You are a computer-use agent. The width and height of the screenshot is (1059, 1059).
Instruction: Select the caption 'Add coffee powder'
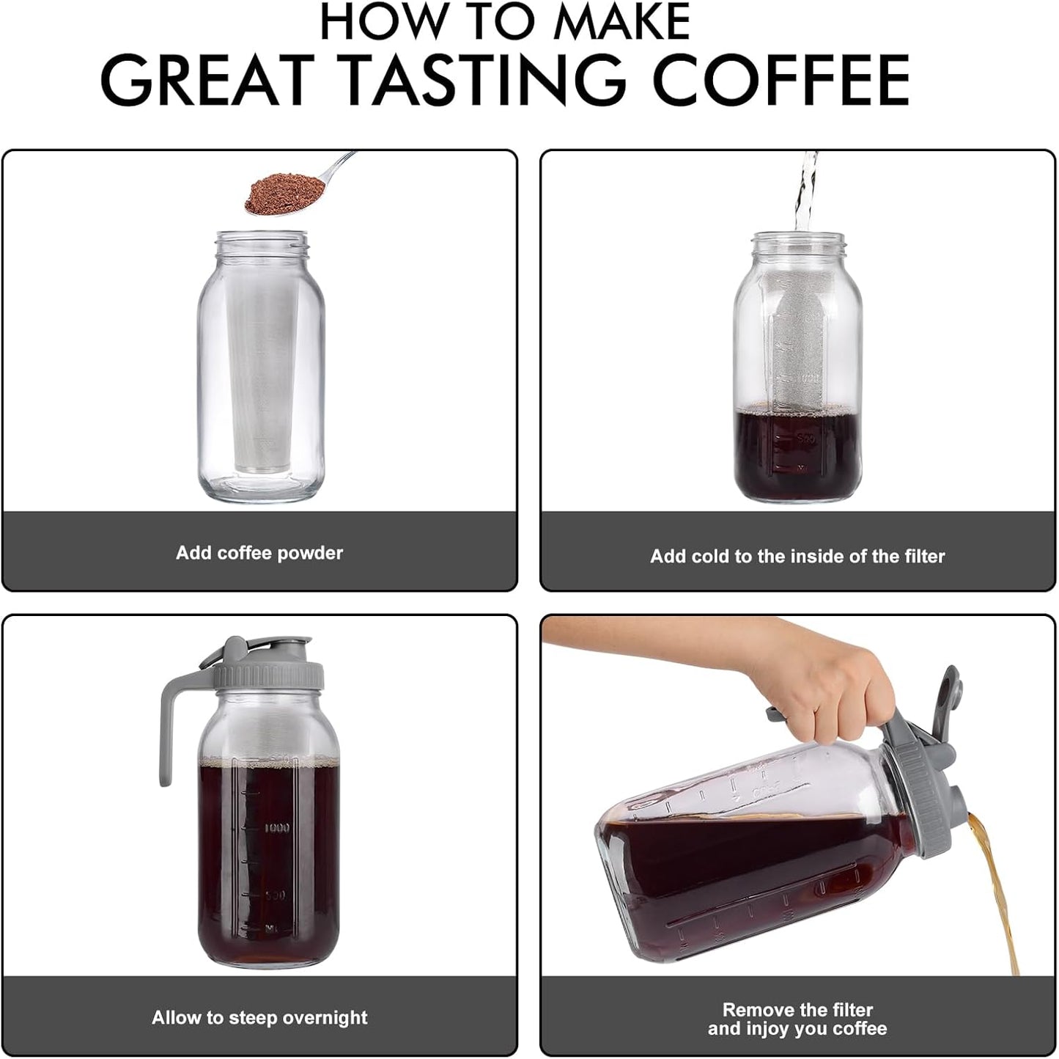(259, 553)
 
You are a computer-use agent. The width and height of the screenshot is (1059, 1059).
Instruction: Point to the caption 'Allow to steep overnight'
(259, 1017)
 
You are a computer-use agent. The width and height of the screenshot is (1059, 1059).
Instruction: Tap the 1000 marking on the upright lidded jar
(277, 828)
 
